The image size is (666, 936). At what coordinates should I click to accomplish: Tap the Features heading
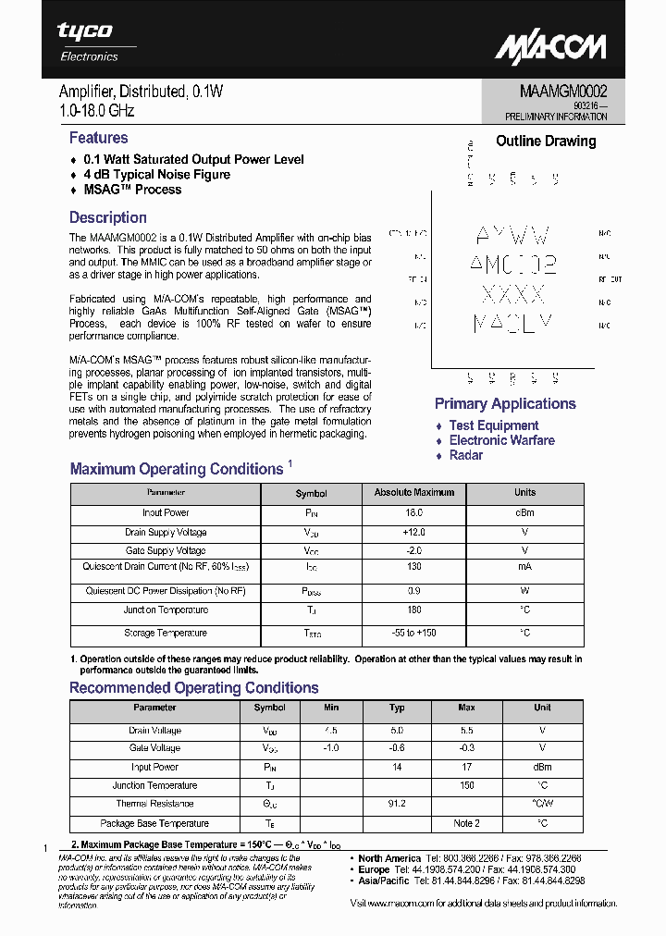pyautogui.click(x=98, y=138)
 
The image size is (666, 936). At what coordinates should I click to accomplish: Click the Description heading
pyautogui.click(x=107, y=218)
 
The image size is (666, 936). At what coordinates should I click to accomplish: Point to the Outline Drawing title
pyautogui.click(x=546, y=142)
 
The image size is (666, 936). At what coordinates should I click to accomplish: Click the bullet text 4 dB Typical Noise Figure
pyautogui.click(x=156, y=175)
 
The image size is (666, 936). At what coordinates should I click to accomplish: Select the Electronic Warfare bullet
pyautogui.click(x=501, y=440)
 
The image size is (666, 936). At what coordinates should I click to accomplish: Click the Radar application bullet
pyautogui.click(x=465, y=455)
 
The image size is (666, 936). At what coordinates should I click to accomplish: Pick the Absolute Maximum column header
pyautogui.click(x=413, y=493)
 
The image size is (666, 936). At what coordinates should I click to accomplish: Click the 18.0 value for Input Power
pyautogui.click(x=413, y=512)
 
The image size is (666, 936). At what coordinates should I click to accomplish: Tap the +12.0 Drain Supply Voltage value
pyautogui.click(x=413, y=532)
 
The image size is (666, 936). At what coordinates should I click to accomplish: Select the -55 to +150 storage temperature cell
pyautogui.click(x=413, y=633)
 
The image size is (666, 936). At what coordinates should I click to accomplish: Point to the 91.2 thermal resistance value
pyautogui.click(x=397, y=804)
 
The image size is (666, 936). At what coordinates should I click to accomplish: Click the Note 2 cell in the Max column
pyautogui.click(x=466, y=823)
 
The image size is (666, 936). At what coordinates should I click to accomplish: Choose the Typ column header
pyautogui.click(x=397, y=708)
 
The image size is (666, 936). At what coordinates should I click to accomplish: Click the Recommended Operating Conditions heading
pyautogui.click(x=194, y=688)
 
